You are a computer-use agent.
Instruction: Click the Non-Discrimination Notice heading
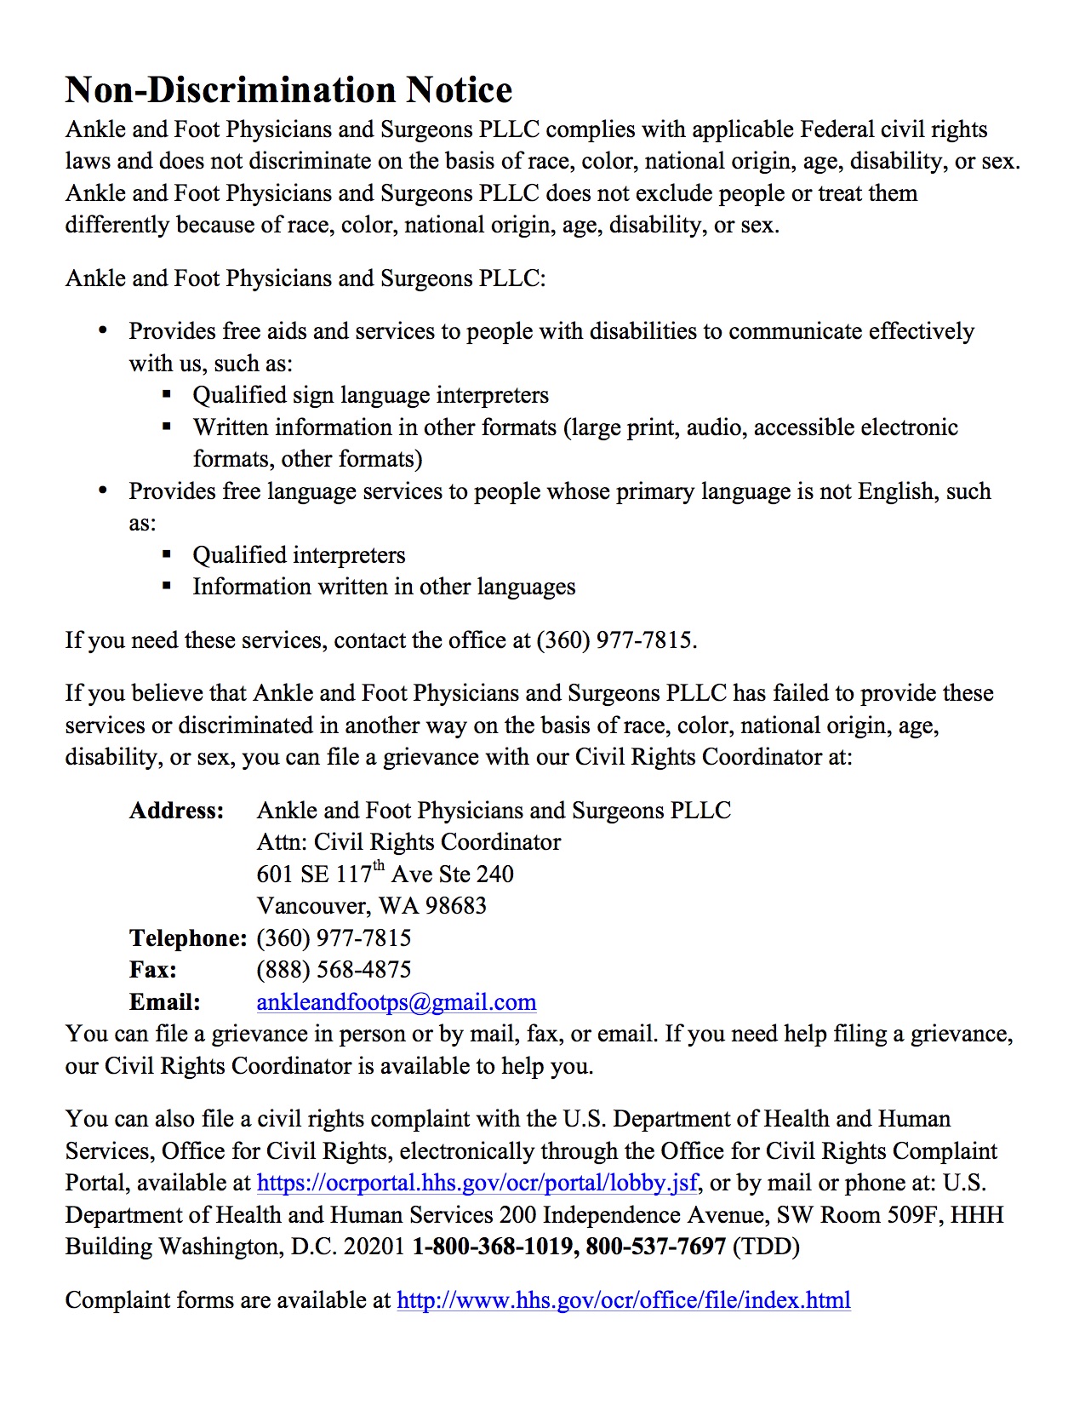coord(288,90)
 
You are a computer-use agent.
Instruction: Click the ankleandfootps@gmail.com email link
coord(396,1002)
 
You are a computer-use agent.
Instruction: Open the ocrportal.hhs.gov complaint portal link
coord(477,1183)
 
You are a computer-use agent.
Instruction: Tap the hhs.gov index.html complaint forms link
coord(623,1300)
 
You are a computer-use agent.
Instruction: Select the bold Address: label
coord(176,811)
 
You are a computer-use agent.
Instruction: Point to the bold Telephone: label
coord(188,938)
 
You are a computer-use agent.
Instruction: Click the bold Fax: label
coord(153,970)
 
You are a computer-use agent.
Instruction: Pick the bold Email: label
coord(165,1002)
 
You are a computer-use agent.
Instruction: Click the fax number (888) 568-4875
coord(334,970)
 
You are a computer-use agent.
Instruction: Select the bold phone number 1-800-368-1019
coord(493,1247)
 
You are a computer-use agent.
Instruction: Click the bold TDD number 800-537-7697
coord(655,1247)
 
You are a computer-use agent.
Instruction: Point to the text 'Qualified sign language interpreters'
coord(370,395)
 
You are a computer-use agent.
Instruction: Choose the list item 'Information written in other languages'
coord(384,587)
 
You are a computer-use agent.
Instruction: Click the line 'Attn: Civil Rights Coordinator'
coord(408,842)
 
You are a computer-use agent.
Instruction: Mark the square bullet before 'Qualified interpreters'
coord(167,555)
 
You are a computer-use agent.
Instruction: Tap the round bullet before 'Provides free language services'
coord(103,490)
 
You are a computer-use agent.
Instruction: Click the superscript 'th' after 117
coord(380,867)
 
